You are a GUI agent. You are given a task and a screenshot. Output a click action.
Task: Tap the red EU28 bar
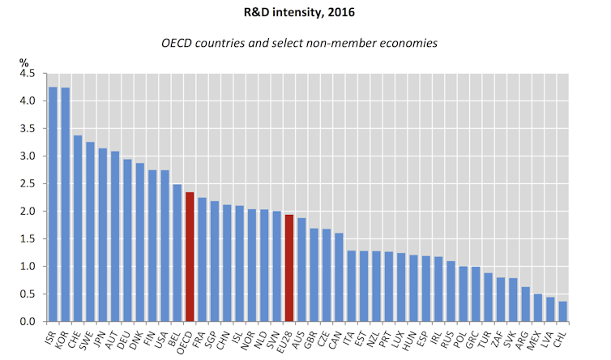coord(289,268)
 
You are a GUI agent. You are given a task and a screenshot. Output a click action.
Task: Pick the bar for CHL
coord(562,311)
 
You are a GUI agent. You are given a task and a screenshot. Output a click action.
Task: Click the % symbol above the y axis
coord(24,62)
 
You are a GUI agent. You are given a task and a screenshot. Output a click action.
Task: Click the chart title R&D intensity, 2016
coord(305,13)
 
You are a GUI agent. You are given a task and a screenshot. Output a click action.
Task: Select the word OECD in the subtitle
coord(235,42)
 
